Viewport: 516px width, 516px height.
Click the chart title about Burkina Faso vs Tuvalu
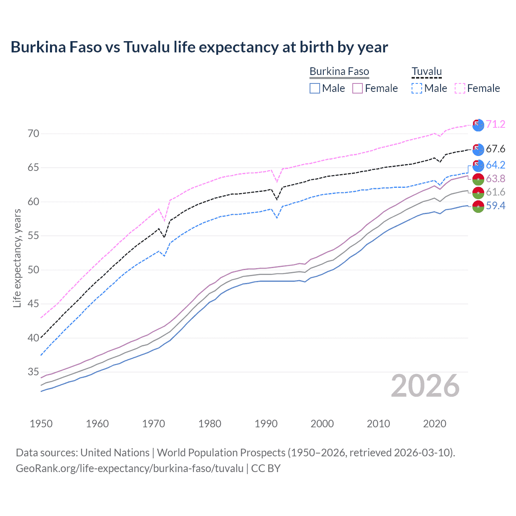pyautogui.click(x=199, y=47)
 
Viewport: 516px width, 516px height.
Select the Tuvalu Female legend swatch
pyautogui.click(x=460, y=88)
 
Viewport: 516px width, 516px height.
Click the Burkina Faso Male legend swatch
pyautogui.click(x=315, y=88)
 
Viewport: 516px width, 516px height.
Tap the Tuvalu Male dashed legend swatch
pyautogui.click(x=417, y=88)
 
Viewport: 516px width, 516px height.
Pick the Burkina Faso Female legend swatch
pyautogui.click(x=358, y=88)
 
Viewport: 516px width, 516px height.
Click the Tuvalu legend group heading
pyautogui.click(x=427, y=72)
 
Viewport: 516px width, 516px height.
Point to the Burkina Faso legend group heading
pyautogui.click(x=339, y=72)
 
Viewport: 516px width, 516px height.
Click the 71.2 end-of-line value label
pyautogui.click(x=495, y=124)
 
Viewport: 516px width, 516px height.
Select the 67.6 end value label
pyautogui.click(x=495, y=149)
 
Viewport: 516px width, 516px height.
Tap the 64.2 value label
pyautogui.click(x=495, y=165)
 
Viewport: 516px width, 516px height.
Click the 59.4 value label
pyautogui.click(x=495, y=206)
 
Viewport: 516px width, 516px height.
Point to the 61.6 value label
pyautogui.click(x=495, y=192)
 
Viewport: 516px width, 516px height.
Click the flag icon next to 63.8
pyautogui.click(x=478, y=179)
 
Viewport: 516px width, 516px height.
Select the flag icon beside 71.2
pyautogui.click(x=478, y=125)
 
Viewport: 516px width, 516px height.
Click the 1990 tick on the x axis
pyautogui.click(x=266, y=424)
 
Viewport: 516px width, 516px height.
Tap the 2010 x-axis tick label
pyautogui.click(x=378, y=424)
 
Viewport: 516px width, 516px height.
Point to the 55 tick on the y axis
pyautogui.click(x=33, y=236)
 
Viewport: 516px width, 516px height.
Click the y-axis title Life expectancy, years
pyautogui.click(x=17, y=258)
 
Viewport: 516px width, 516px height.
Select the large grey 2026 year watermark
pyautogui.click(x=425, y=386)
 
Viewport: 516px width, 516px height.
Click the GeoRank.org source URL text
pyautogui.click(x=129, y=468)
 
